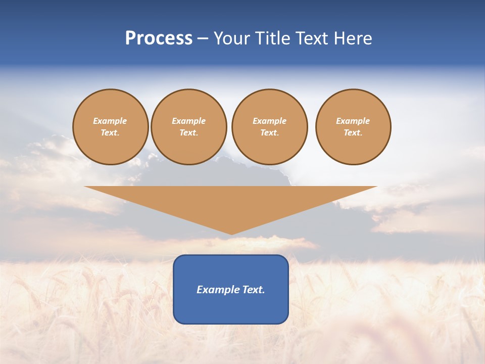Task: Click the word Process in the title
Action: [x=159, y=38]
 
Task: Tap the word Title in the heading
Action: [x=273, y=38]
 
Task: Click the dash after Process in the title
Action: [x=203, y=39]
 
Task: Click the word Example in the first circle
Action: [x=110, y=121]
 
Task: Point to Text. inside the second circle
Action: [x=188, y=133]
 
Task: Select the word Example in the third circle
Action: [x=269, y=121]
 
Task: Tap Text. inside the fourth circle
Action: [x=353, y=133]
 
